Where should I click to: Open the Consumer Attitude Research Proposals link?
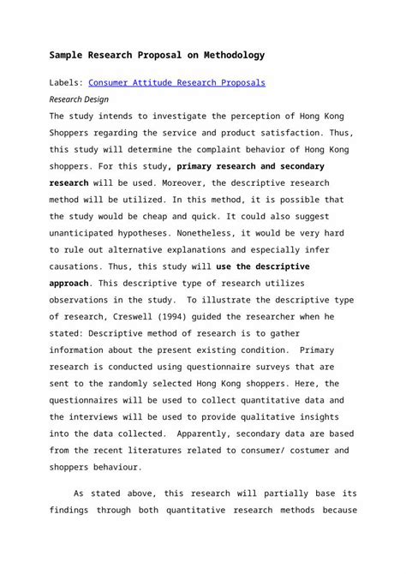coord(177,83)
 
